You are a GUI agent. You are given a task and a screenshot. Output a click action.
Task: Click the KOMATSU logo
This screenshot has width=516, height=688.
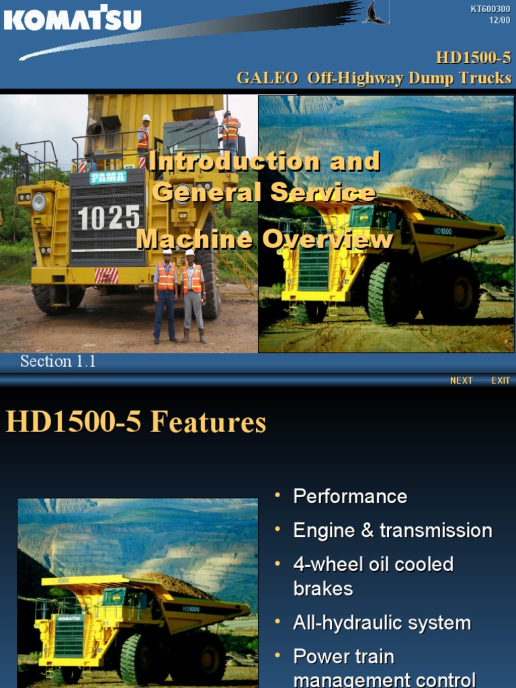tap(73, 18)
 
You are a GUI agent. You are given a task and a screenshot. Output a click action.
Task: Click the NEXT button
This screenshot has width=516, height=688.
tap(462, 380)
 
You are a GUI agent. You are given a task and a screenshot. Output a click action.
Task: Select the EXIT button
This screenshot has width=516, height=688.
tap(501, 380)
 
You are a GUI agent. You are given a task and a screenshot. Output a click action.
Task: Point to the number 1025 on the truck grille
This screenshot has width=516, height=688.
tap(109, 218)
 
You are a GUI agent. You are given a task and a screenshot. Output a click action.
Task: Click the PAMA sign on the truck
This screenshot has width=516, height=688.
tap(107, 177)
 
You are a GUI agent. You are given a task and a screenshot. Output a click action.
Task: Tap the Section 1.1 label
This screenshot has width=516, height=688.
tap(58, 361)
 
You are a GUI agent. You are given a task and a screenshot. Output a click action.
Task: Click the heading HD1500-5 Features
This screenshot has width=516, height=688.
tap(136, 423)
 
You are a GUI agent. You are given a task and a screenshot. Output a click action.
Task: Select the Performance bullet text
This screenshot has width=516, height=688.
tap(350, 497)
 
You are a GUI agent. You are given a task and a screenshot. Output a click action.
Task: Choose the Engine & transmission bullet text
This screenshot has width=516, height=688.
tap(392, 530)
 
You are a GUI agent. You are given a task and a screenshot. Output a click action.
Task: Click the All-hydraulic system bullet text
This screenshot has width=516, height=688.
tap(382, 623)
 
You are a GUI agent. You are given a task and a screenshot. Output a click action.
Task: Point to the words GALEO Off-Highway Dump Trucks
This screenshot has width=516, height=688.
tap(374, 78)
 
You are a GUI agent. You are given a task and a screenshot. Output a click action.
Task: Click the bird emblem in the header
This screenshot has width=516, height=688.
tap(374, 13)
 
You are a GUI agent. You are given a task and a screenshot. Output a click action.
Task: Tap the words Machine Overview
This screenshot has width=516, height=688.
tap(265, 239)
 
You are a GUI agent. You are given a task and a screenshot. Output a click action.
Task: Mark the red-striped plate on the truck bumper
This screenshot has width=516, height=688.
tap(106, 275)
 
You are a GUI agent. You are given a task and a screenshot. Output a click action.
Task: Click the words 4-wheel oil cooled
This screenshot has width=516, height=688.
tap(373, 564)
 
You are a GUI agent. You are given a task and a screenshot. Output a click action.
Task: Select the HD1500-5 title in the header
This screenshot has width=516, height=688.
tap(473, 58)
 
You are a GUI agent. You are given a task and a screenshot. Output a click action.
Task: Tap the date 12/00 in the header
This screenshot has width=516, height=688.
tap(500, 19)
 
